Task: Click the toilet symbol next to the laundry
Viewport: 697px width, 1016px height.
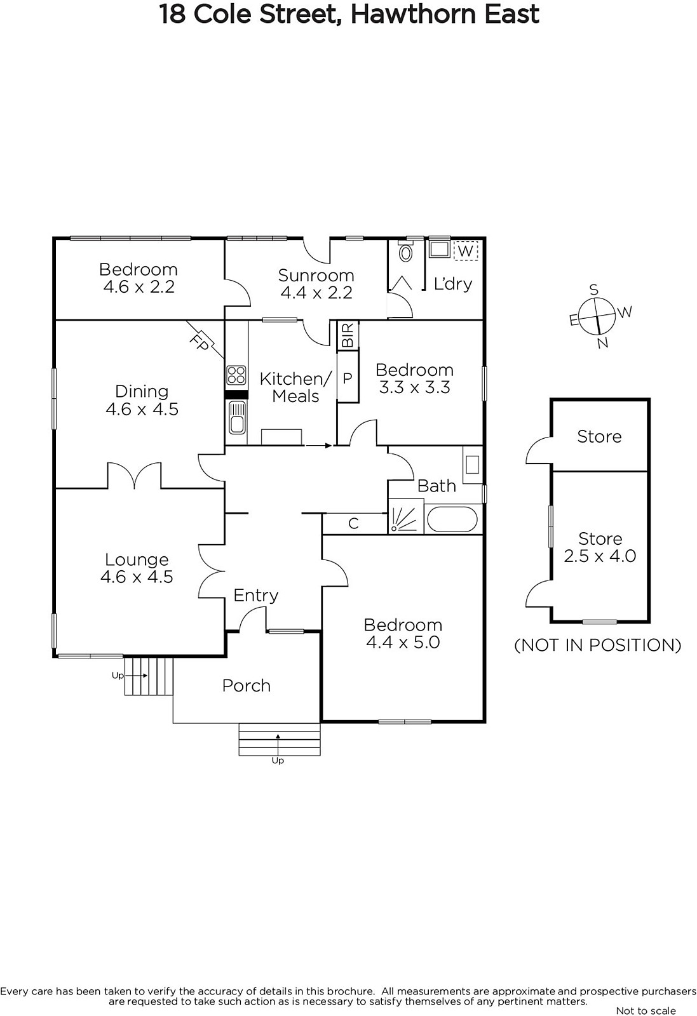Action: tap(405, 251)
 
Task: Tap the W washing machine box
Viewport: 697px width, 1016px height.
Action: tap(466, 250)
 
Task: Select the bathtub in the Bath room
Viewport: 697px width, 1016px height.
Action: tap(452, 519)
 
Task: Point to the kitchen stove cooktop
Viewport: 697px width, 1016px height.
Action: tap(236, 375)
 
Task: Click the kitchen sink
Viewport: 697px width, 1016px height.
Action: tap(236, 417)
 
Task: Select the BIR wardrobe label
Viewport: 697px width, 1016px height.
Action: tap(348, 336)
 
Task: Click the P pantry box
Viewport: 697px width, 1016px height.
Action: tap(348, 377)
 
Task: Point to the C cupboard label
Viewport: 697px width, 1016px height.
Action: tap(353, 524)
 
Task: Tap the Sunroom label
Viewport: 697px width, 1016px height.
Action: tap(316, 276)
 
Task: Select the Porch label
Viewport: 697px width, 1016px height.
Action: tap(247, 685)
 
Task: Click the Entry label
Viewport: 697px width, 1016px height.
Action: tap(256, 595)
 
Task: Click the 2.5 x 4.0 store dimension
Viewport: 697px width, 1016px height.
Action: tap(600, 556)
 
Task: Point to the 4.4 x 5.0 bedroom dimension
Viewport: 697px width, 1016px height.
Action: tap(403, 642)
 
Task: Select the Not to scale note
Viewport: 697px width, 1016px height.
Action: tap(646, 1010)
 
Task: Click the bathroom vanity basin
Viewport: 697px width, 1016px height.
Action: tap(472, 465)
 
